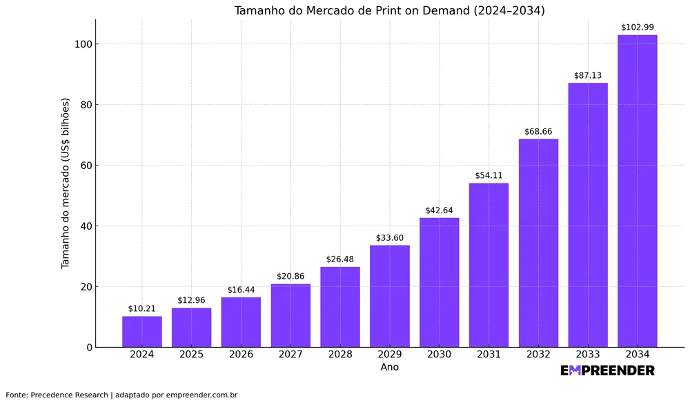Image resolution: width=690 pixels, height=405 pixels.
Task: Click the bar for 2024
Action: click(142, 332)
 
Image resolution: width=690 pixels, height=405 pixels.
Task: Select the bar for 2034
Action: click(637, 191)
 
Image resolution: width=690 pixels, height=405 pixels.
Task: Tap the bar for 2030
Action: click(439, 282)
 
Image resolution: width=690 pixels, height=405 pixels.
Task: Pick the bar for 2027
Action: click(290, 315)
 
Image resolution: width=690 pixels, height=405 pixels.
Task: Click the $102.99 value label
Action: click(637, 28)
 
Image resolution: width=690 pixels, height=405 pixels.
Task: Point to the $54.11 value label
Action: click(489, 176)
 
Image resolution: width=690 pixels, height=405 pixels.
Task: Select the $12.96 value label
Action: click(191, 300)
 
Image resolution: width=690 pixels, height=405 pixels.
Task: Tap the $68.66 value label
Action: click(538, 132)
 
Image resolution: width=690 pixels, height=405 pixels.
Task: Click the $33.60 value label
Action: click(390, 238)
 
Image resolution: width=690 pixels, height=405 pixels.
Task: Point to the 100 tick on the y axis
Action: click(82, 44)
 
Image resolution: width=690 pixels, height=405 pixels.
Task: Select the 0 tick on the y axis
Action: click(88, 348)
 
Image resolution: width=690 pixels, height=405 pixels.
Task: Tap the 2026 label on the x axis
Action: click(241, 355)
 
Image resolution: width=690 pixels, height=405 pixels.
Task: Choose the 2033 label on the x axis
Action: click(588, 355)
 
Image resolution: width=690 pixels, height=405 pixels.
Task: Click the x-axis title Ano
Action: click(389, 367)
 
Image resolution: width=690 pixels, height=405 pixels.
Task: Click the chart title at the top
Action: click(389, 10)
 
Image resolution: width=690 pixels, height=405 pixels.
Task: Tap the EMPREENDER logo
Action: click(607, 371)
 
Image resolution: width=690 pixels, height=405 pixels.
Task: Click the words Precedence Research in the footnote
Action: click(69, 395)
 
